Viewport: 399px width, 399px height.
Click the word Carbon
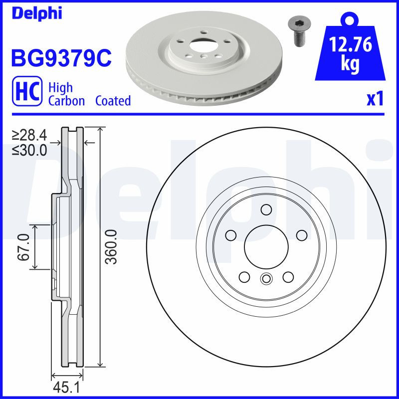click(x=67, y=101)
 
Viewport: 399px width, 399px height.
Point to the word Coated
click(x=113, y=101)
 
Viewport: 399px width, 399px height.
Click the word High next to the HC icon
click(x=60, y=88)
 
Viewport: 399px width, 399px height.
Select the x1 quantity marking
click(x=375, y=99)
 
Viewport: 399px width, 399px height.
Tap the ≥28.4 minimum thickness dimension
click(x=29, y=135)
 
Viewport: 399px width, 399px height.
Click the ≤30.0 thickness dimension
click(x=29, y=150)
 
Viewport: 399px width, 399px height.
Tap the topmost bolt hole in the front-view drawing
click(x=266, y=209)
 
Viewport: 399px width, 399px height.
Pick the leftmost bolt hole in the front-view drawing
click(x=230, y=235)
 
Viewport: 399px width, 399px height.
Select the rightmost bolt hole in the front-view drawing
click(x=301, y=235)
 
